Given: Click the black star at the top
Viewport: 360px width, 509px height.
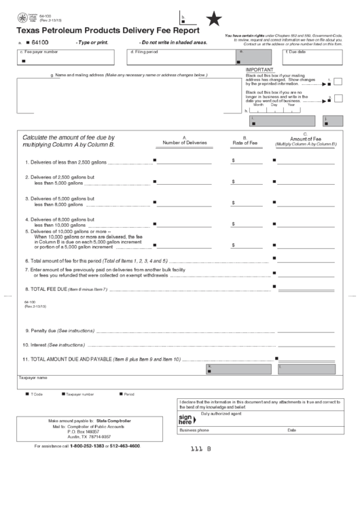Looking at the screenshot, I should pyautogui.click(x=213, y=18).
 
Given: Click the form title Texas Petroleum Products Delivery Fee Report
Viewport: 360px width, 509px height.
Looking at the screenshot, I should pyautogui.click(x=108, y=31).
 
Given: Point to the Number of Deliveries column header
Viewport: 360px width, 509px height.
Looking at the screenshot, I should pyautogui.click(x=184, y=142).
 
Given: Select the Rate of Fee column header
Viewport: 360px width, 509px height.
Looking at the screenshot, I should pyautogui.click(x=245, y=142).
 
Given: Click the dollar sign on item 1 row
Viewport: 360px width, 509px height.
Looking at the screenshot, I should pyautogui.click(x=233, y=161).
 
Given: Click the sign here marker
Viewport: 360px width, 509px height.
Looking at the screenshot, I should pyautogui.click(x=185, y=419).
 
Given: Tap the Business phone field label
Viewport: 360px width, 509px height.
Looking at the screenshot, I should pyautogui.click(x=194, y=430).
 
